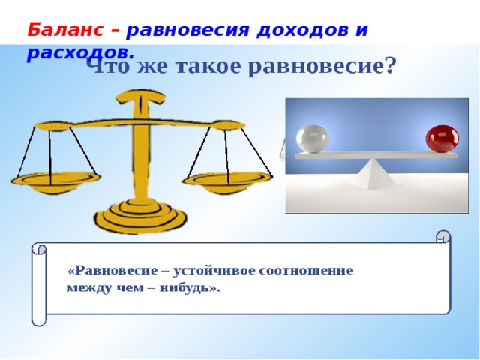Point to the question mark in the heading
(388, 67)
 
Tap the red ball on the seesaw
(442, 139)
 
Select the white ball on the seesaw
(312, 138)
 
